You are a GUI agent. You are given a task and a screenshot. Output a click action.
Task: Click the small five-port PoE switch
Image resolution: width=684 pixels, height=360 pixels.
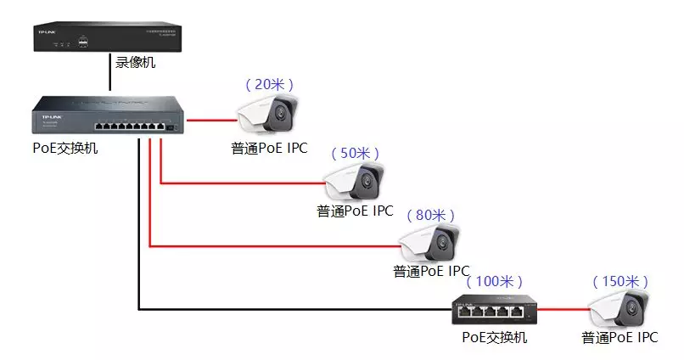click(x=494, y=312)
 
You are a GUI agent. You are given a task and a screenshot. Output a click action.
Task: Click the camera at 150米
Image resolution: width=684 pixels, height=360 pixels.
click(x=621, y=309)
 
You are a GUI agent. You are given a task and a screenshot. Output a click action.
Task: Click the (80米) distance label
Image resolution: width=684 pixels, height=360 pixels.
click(x=431, y=215)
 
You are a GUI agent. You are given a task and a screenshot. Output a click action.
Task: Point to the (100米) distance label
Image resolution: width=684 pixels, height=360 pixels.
click(x=497, y=280)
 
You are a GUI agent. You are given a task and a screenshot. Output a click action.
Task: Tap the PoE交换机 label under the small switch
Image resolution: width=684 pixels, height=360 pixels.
click(x=494, y=338)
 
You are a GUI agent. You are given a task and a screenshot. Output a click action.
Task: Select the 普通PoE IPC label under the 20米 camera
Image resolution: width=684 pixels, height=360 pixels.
click(x=269, y=149)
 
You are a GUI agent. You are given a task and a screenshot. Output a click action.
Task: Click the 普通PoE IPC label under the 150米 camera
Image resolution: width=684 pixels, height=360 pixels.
click(x=620, y=338)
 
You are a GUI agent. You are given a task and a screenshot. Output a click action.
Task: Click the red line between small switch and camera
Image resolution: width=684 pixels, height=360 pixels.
click(x=561, y=309)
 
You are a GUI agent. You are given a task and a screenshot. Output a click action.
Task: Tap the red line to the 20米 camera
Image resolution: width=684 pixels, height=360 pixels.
click(x=212, y=120)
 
